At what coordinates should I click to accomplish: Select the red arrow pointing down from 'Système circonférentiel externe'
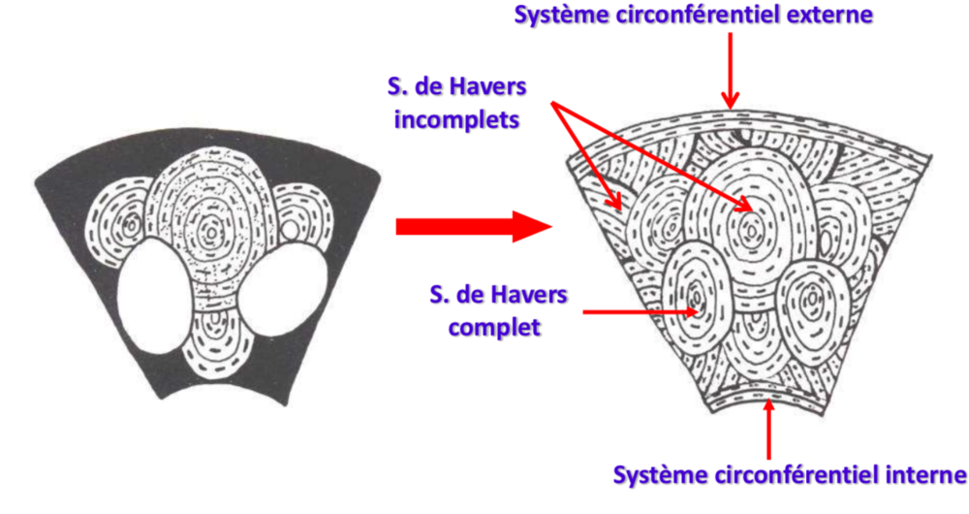pos(732,68)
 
